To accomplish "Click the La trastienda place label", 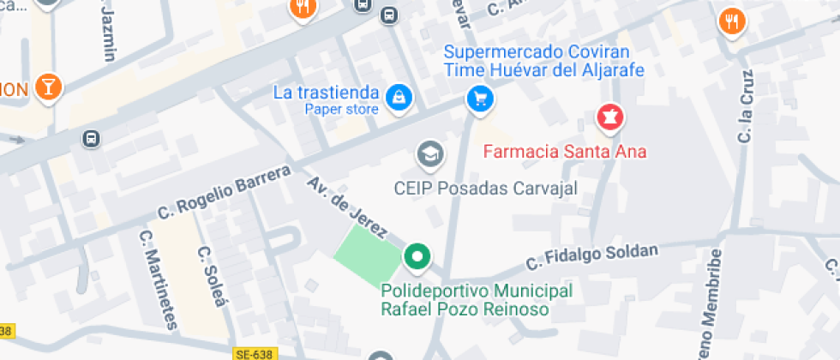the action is (x=326, y=93).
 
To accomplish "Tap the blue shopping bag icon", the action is (x=399, y=98).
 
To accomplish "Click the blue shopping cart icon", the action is (x=480, y=99).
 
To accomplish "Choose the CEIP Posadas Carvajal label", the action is (x=486, y=188).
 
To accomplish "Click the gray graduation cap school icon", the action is (x=429, y=154).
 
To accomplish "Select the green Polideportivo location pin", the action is (x=417, y=255).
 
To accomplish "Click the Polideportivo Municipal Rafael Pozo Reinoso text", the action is (x=476, y=300).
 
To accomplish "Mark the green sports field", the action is (x=367, y=255).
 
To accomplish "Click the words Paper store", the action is (x=341, y=109).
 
